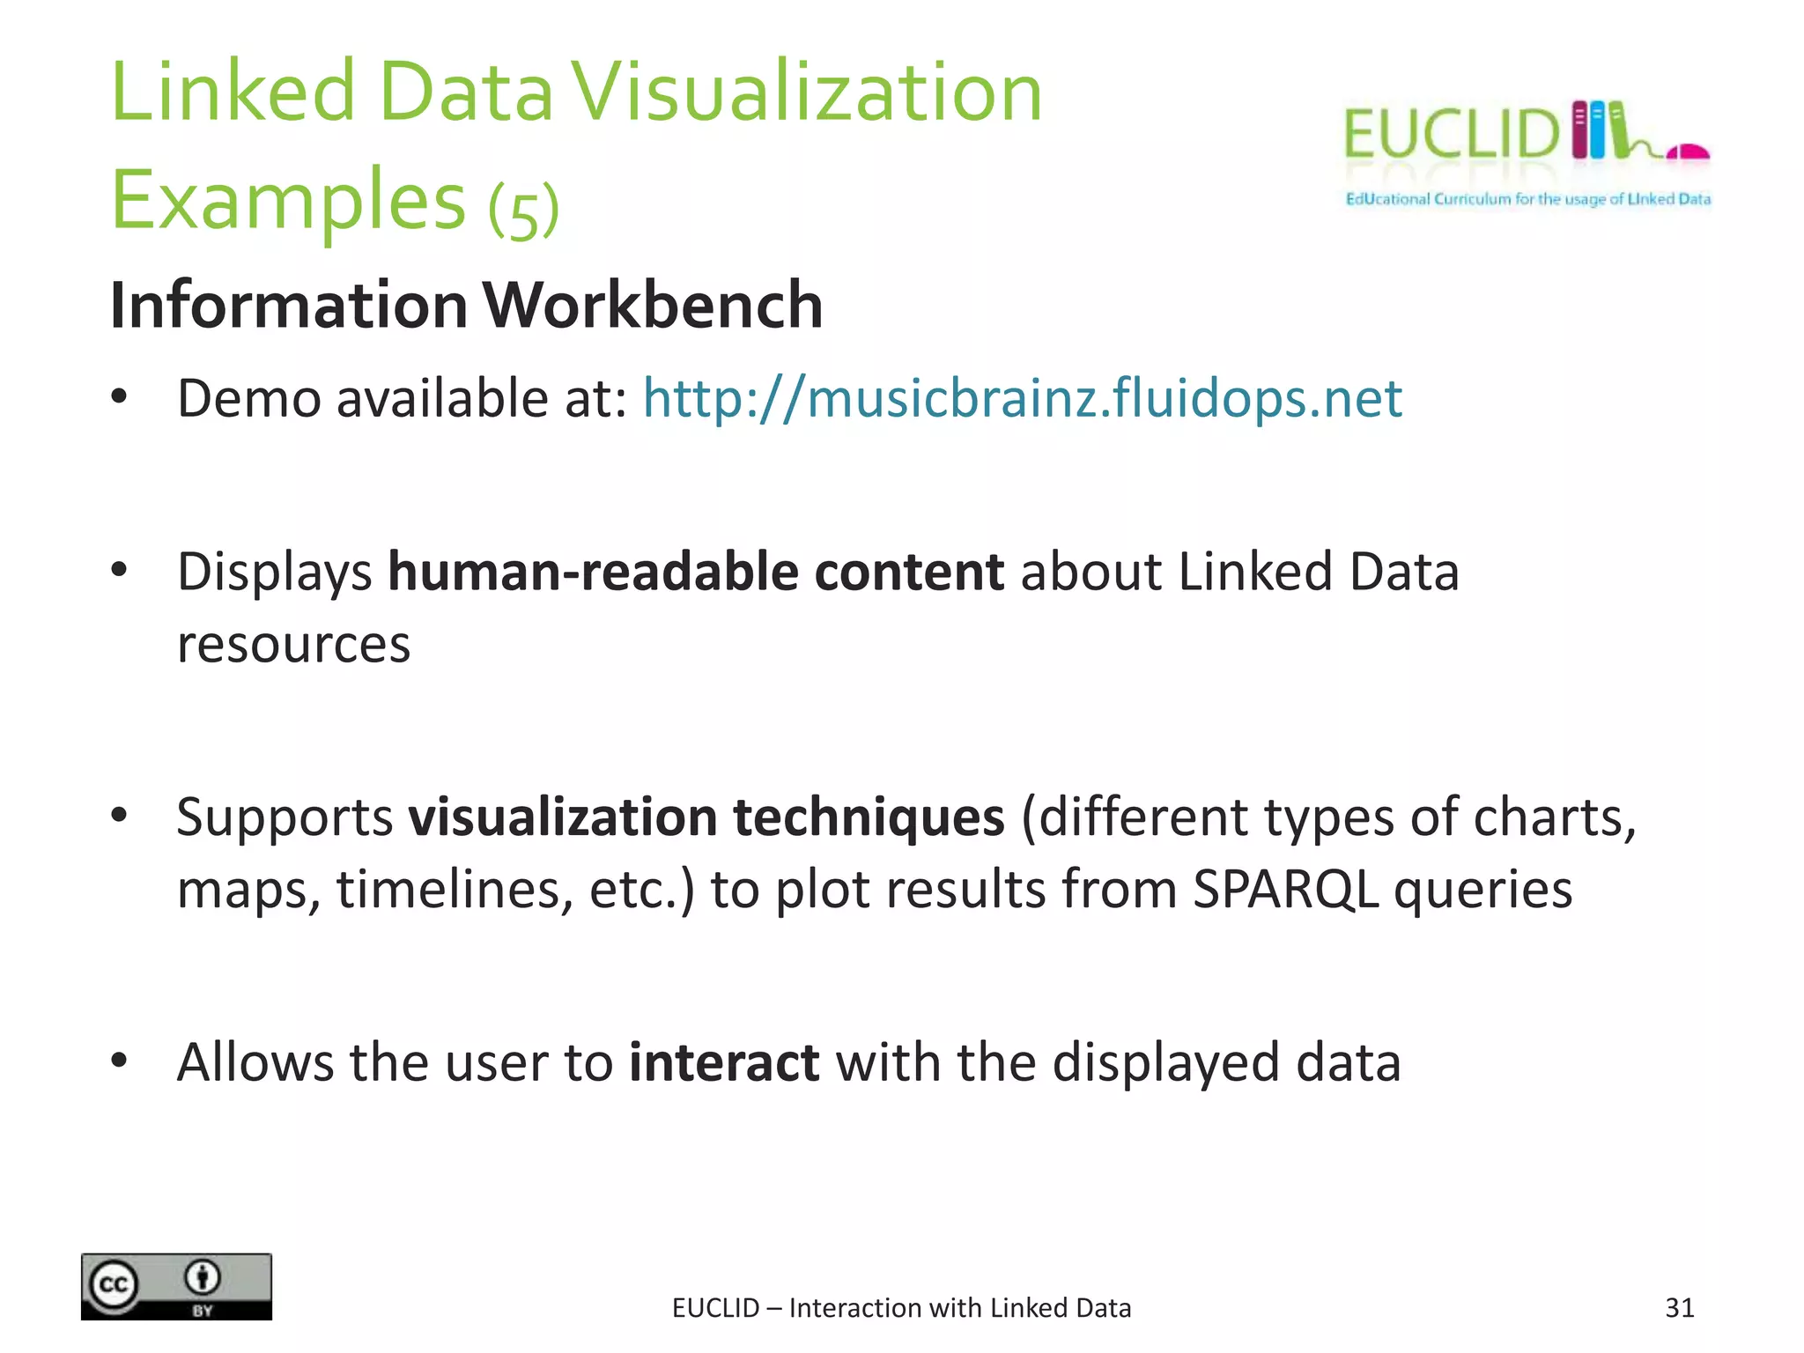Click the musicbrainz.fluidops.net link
(x=1022, y=399)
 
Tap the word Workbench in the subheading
(x=653, y=306)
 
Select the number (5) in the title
(x=524, y=210)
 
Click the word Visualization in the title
(x=807, y=92)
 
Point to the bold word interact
(x=724, y=1062)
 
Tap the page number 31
(x=1679, y=1308)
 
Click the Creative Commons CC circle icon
(x=114, y=1285)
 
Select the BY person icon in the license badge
(x=203, y=1277)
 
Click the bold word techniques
(x=869, y=817)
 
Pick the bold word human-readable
(x=593, y=573)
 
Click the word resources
(x=293, y=645)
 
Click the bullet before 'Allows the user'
(x=120, y=1061)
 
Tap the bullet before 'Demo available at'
(x=120, y=397)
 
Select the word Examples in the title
(x=288, y=201)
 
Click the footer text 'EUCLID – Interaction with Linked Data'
(x=901, y=1308)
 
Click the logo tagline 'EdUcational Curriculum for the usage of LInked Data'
(x=1527, y=199)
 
